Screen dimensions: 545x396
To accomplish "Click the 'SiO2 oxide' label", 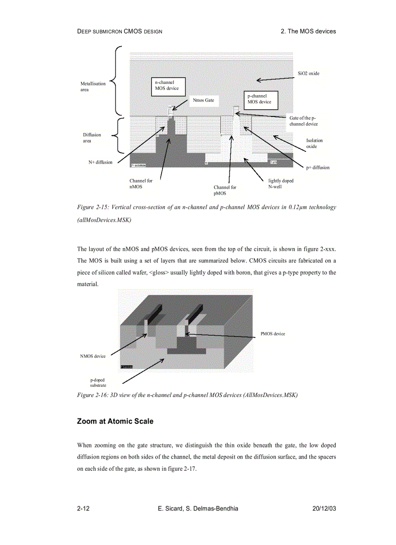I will [x=308, y=74].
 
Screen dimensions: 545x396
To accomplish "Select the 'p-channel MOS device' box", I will [x=260, y=99].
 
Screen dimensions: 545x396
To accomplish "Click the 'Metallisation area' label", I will [x=93, y=86].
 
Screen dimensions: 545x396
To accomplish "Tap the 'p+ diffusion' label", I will [x=317, y=167].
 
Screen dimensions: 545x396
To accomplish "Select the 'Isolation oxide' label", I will [x=313, y=143].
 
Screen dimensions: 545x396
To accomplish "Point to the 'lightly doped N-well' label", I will [x=280, y=183].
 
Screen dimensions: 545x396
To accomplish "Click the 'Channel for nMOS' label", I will [x=140, y=183].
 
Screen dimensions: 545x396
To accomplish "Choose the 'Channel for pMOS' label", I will [x=225, y=190].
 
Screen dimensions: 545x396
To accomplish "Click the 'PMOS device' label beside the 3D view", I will [x=273, y=333].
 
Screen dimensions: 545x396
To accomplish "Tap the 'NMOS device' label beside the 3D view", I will [x=93, y=356].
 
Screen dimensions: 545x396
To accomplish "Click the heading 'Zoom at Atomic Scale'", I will [x=115, y=421].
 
